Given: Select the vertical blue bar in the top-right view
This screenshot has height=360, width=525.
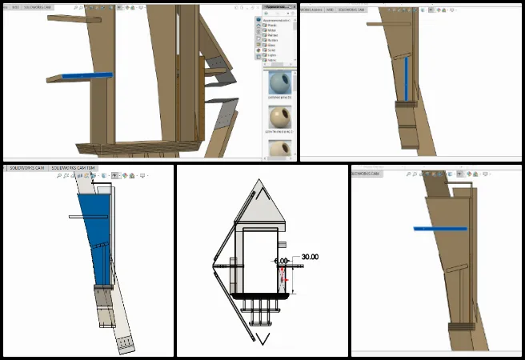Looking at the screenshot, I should coord(407,80).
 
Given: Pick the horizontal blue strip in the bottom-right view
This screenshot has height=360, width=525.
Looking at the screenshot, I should coord(439,229).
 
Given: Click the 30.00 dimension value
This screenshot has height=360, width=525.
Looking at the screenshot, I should coord(309,257).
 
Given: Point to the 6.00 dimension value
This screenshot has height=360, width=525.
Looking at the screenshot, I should coord(281,261).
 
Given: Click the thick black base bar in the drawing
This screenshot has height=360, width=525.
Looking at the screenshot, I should coord(260,295).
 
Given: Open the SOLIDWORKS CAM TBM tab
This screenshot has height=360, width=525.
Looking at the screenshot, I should coord(73,168).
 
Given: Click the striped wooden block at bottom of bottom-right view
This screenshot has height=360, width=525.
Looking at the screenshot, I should coord(459,326).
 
